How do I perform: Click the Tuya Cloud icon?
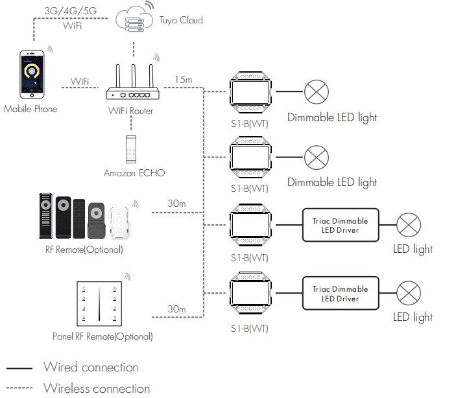134,19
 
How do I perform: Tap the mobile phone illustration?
32,75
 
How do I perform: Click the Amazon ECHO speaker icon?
131,150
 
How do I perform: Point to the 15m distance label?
184,80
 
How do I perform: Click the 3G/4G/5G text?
70,11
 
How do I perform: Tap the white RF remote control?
119,223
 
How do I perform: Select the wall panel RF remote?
99,304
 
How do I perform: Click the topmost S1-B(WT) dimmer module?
250,92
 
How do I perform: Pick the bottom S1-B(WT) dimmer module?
250,293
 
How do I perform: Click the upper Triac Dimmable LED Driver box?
341,225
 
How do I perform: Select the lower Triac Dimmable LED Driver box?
341,294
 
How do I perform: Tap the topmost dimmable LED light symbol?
317,92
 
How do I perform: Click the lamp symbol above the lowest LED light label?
409,293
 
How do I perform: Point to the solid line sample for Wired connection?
19,368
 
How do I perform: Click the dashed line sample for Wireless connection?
19,388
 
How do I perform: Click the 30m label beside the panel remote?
176,309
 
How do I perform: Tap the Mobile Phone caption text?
30,109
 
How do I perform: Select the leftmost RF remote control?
45,216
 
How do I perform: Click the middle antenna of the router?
134,76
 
